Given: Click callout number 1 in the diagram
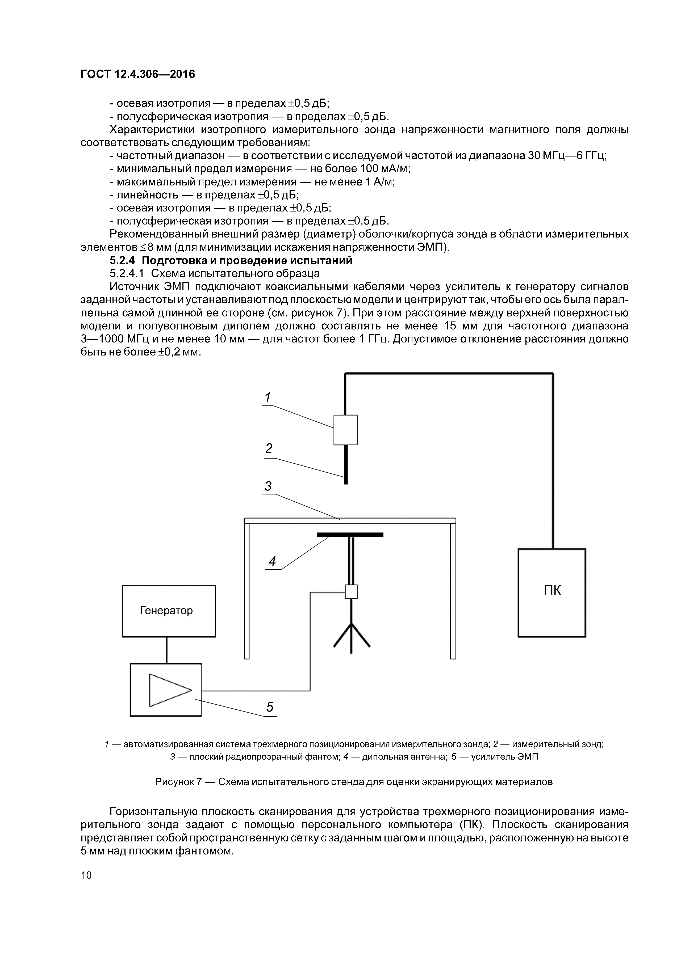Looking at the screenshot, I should tap(268, 397).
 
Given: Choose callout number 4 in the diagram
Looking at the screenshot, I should tap(272, 561).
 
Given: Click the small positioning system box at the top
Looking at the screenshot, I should tap(345, 430).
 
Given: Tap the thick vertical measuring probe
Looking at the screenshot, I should tap(346, 464).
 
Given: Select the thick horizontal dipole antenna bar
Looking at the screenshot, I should tap(350, 534).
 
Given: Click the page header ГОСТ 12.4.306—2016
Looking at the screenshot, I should tap(138, 74).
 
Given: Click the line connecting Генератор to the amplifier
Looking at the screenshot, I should tap(167, 650).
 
